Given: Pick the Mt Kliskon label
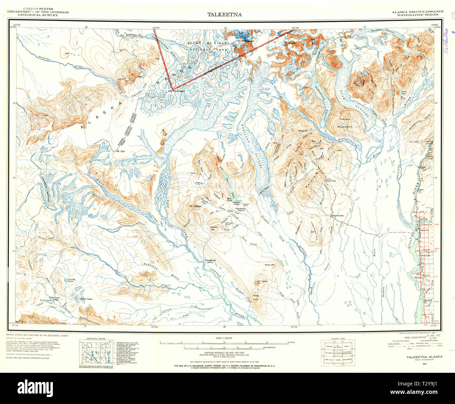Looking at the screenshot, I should click(195, 206).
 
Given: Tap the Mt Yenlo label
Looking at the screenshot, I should click(262, 281).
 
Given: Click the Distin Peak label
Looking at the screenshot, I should click(86, 299).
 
